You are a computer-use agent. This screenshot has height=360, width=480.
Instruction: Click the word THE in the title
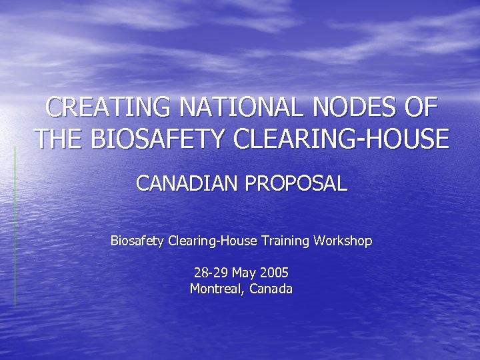click(59, 139)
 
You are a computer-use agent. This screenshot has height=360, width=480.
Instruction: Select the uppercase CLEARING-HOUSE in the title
click(341, 139)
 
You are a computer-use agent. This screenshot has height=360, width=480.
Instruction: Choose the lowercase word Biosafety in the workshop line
click(137, 240)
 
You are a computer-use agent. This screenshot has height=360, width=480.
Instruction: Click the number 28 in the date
click(200, 273)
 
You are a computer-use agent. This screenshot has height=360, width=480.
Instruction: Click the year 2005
click(275, 273)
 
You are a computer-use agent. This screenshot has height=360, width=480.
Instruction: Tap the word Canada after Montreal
click(271, 289)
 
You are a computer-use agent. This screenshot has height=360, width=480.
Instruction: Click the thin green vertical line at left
click(15, 227)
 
